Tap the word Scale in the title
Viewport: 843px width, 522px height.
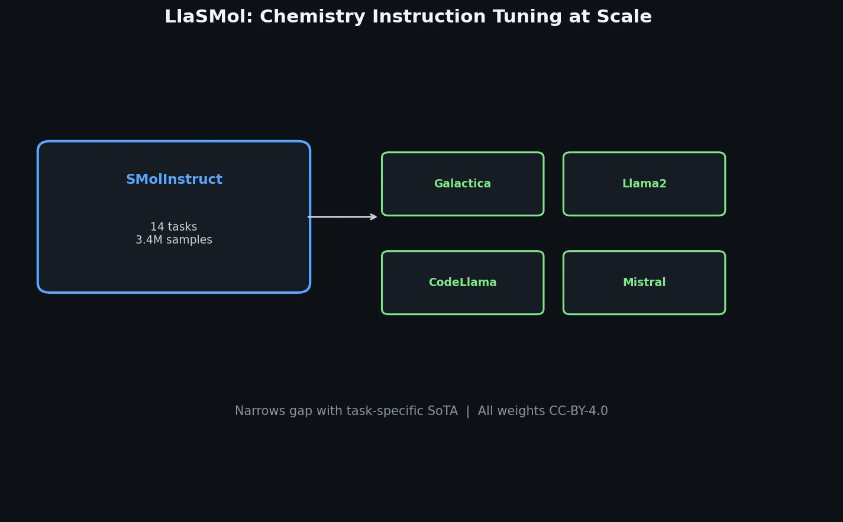tap(626, 17)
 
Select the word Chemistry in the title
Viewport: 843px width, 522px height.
tap(303, 17)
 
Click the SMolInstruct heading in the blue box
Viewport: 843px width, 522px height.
tap(174, 180)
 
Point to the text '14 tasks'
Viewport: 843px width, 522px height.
tap(173, 227)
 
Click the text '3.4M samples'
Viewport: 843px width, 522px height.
tap(173, 240)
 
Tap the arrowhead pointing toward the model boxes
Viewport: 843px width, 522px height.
tap(373, 217)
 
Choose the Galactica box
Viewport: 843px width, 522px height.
tap(463, 184)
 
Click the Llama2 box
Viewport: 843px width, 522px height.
tap(644, 184)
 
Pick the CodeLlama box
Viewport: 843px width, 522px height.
tap(463, 283)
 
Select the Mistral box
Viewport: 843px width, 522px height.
tap(644, 283)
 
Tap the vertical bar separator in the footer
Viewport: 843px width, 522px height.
tap(468, 411)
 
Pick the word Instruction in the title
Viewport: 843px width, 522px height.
tap(427, 17)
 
